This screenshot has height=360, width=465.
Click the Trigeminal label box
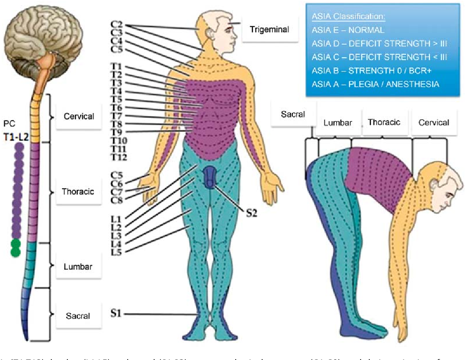pyautogui.click(x=269, y=29)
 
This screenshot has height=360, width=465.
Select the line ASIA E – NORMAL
pyautogui.click(x=347, y=30)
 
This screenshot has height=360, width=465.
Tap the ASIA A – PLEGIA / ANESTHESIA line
pyautogui.click(x=375, y=84)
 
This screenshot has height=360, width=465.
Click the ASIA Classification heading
pyautogui.click(x=348, y=17)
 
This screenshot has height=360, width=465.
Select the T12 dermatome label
pyautogui.click(x=118, y=157)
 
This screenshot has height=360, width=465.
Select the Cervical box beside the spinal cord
pyautogui.click(x=79, y=117)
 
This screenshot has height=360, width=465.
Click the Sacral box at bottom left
pyautogui.click(x=78, y=315)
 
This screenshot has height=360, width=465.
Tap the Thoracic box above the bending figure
pyautogui.click(x=384, y=122)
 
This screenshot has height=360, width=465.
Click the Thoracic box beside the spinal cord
pyautogui.click(x=78, y=191)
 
